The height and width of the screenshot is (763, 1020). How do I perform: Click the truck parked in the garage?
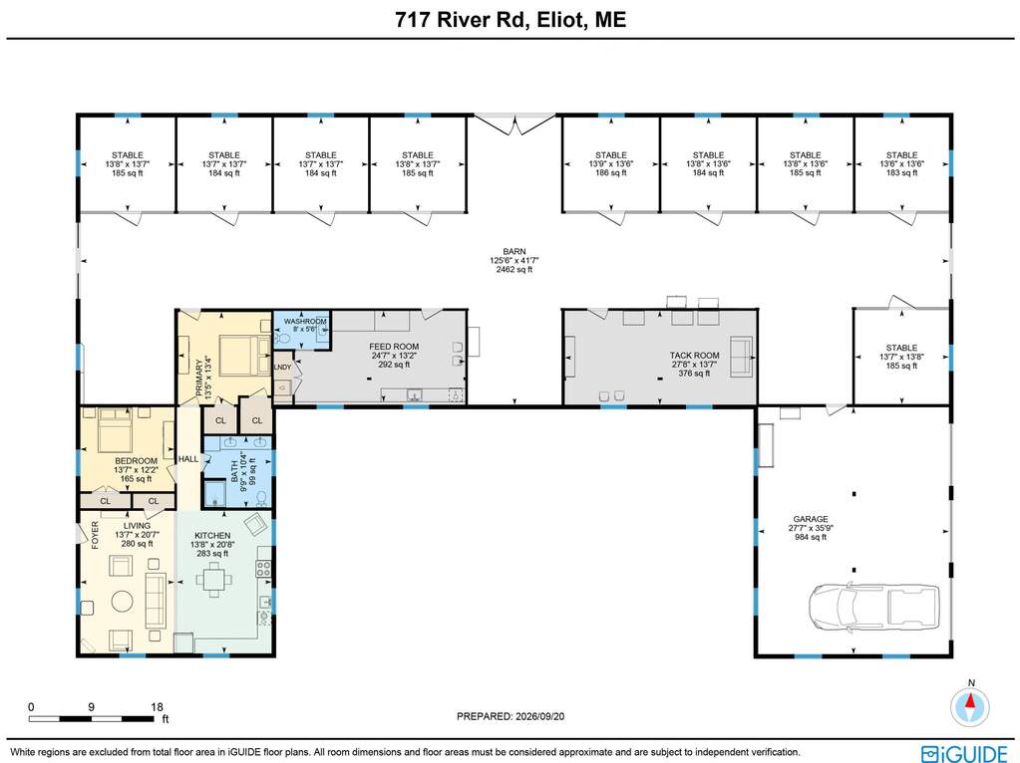[x=874, y=607]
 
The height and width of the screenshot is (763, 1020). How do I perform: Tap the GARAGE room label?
[x=811, y=519]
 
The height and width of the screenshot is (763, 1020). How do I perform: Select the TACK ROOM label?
[x=694, y=356]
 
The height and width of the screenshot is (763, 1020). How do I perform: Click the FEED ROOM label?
[x=394, y=347]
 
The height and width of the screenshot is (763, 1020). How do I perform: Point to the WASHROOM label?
[x=305, y=322]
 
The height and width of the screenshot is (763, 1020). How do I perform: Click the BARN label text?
[x=513, y=252]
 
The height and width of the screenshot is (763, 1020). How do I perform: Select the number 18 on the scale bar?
[x=157, y=707]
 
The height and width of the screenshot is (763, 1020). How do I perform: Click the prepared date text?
[x=510, y=716]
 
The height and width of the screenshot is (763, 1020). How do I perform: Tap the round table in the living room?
[x=123, y=602]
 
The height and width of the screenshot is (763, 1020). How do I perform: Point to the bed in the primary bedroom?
[x=243, y=356]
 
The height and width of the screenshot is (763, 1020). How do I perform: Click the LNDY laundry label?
[x=282, y=368]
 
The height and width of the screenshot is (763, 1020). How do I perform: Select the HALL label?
[x=188, y=459]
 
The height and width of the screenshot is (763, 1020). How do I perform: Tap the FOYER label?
[x=95, y=536]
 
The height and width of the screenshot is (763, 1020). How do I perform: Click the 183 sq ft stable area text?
[x=901, y=173]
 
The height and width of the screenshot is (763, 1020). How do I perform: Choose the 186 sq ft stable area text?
[x=611, y=173]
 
